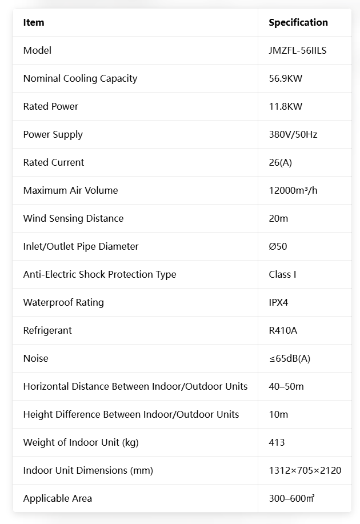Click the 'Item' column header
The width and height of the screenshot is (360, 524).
pos(34,22)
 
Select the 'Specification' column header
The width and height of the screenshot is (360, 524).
pos(298,22)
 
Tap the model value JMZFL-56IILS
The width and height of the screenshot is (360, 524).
pos(298,50)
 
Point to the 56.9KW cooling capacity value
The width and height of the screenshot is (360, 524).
pos(285,78)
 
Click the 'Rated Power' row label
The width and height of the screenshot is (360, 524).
pos(51,106)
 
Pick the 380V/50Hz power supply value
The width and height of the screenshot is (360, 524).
pos(293,134)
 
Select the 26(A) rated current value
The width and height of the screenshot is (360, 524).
pos(280,162)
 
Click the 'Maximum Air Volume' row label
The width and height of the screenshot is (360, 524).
pos(70,190)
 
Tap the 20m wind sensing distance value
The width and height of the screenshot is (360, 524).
pos(278,218)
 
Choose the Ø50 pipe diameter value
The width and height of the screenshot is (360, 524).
pos(278,246)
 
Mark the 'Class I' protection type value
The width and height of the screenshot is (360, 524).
pos(282,274)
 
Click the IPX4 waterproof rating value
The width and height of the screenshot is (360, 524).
pos(278,302)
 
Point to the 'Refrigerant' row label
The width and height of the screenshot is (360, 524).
pos(47,330)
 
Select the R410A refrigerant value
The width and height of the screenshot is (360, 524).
pos(283,330)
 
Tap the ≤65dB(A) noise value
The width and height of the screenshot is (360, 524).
pos(290,358)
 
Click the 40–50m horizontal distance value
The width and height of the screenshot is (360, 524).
pos(286,386)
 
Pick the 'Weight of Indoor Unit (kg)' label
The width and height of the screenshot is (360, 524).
pos(81,442)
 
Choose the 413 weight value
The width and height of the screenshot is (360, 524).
pos(277,442)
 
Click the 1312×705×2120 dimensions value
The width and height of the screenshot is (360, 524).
pos(305,470)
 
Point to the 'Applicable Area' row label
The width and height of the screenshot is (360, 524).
pos(58,498)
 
